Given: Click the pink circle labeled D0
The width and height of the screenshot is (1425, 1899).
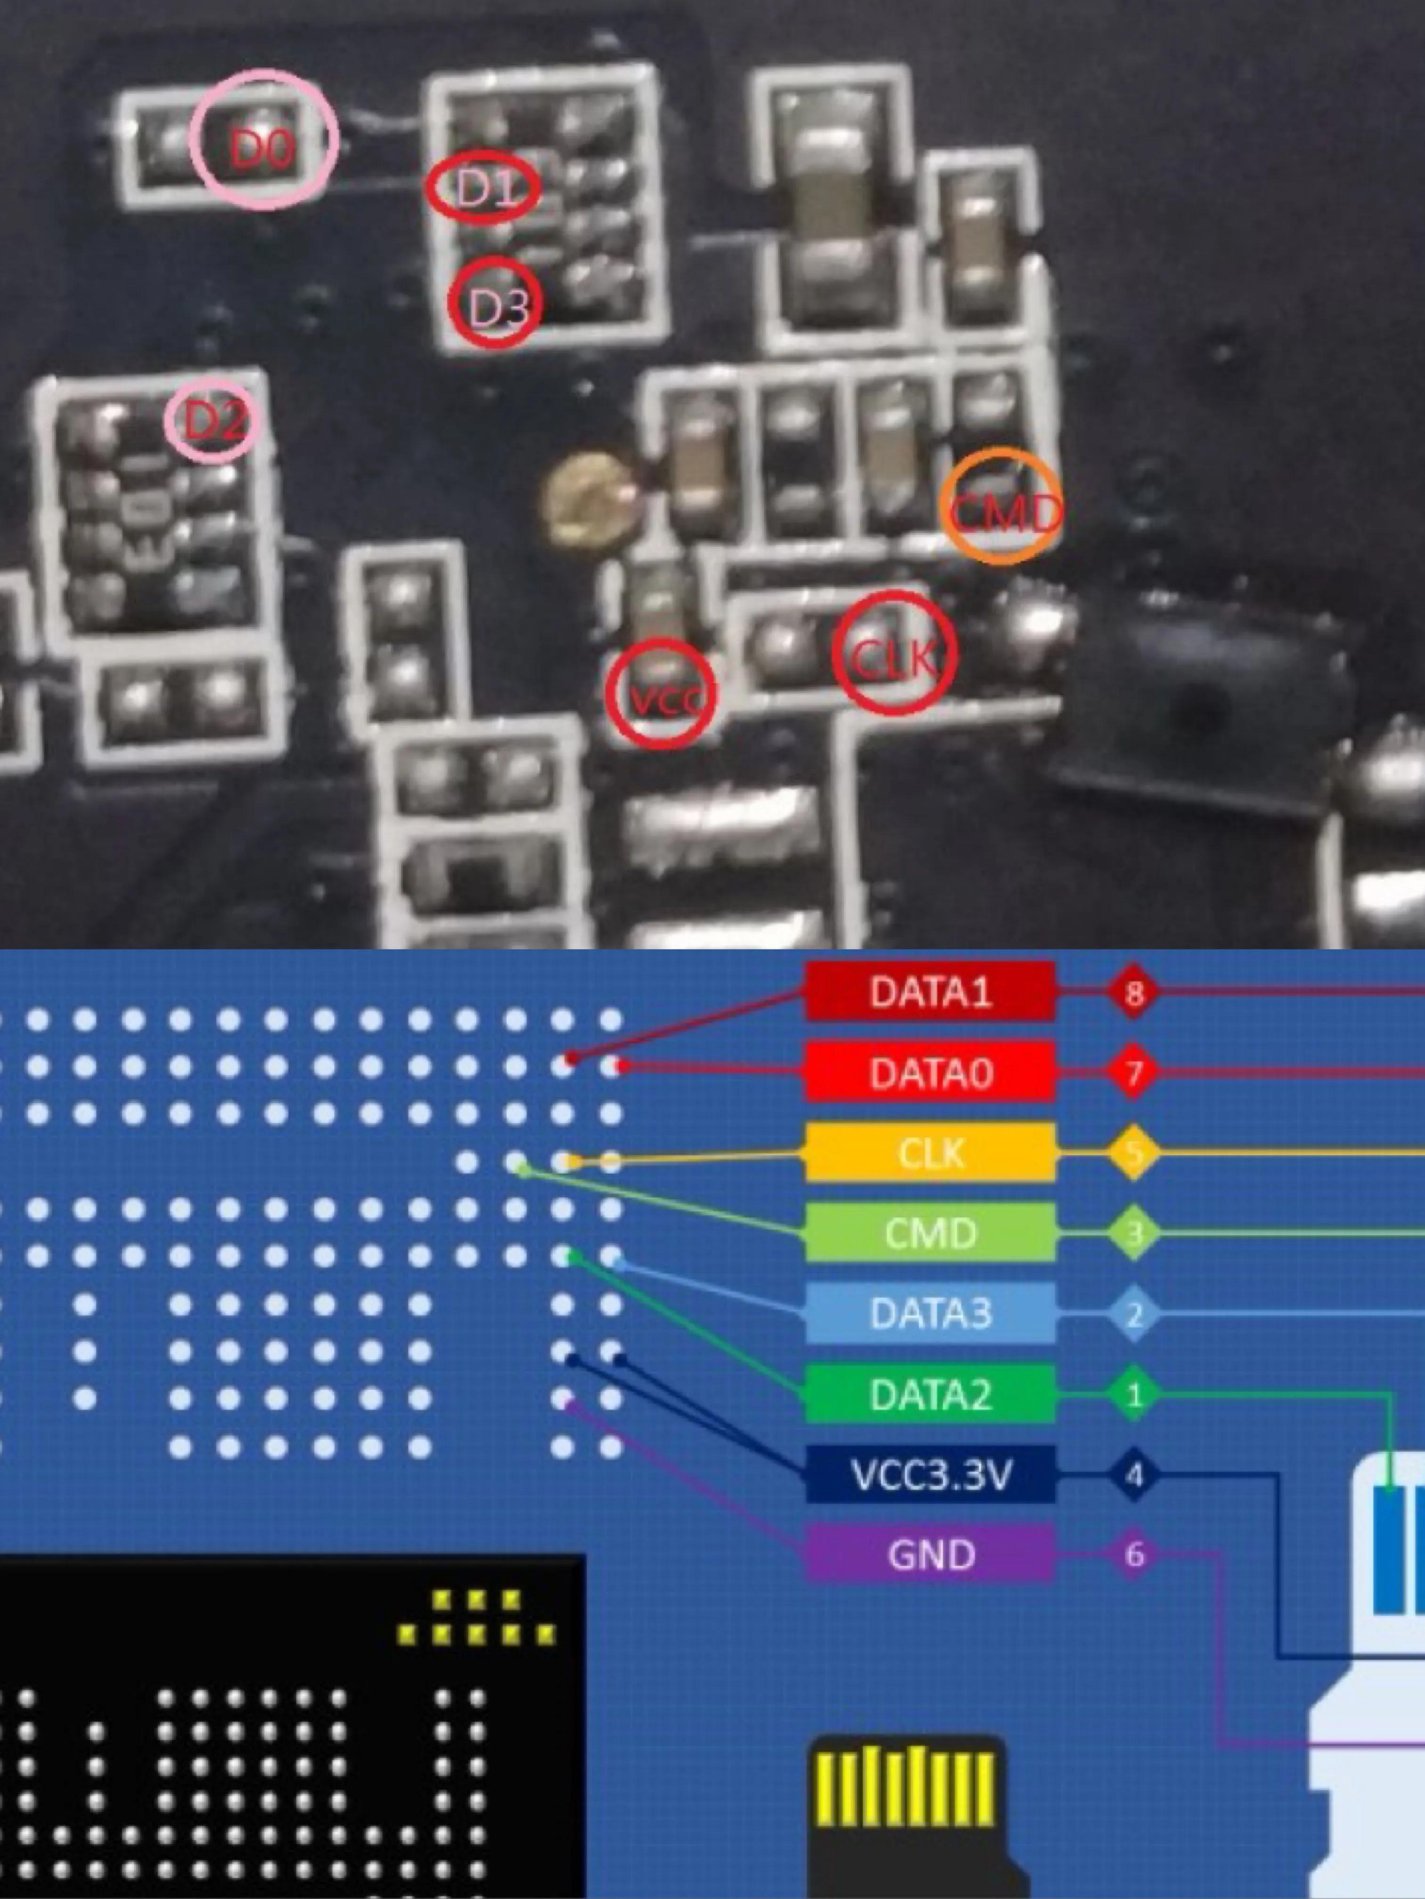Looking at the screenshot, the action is coord(263,140).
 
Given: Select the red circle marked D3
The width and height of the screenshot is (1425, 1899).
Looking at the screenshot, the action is coord(495,302).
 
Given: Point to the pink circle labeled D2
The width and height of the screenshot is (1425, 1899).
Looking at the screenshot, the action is coord(214,421).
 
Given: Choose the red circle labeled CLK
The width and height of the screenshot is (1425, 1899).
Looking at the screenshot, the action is coord(894,655).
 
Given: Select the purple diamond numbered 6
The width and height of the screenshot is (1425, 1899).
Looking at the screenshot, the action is coord(1134,1555).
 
